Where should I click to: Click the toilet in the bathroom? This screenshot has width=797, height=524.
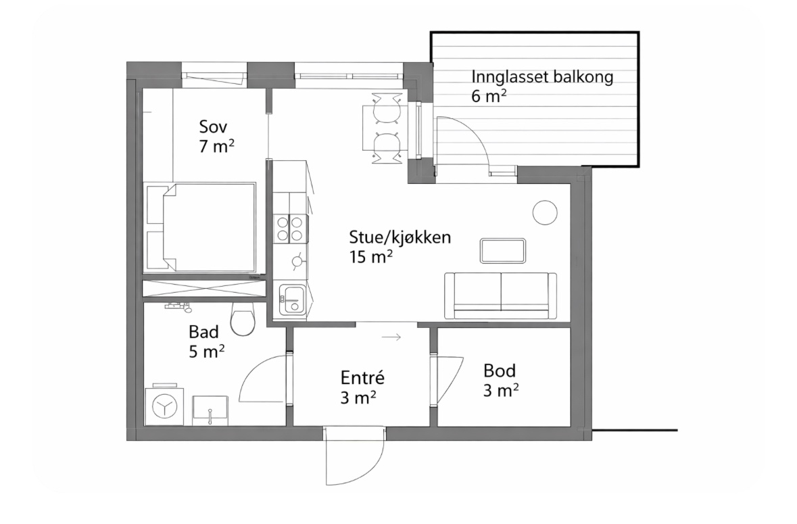pyautogui.click(x=243, y=318)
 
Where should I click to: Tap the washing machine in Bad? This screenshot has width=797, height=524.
pyautogui.click(x=164, y=406)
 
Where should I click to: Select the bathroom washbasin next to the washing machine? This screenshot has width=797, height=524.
pyautogui.click(x=210, y=410)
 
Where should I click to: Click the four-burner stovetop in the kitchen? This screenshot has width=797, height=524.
pyautogui.click(x=291, y=229)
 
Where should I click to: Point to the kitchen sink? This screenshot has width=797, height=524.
pyautogui.click(x=292, y=300)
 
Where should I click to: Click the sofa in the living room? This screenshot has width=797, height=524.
pyautogui.click(x=501, y=295)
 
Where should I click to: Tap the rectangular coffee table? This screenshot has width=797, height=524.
pyautogui.click(x=503, y=251)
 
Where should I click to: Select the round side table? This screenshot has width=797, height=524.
pyautogui.click(x=545, y=212)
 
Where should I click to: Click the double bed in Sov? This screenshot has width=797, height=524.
pyautogui.click(x=201, y=227)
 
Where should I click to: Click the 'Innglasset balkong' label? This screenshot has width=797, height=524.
pyautogui.click(x=542, y=77)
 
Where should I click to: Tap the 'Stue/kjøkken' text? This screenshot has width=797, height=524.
pyautogui.click(x=400, y=237)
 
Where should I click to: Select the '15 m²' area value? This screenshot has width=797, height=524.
pyautogui.click(x=370, y=257)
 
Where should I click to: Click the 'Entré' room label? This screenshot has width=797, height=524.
pyautogui.click(x=362, y=378)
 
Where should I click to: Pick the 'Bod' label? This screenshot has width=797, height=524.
pyautogui.click(x=500, y=371)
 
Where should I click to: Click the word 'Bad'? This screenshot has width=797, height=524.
pyautogui.click(x=204, y=332)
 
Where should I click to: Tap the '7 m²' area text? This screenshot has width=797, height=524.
pyautogui.click(x=216, y=146)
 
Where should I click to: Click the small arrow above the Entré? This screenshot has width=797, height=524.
pyautogui.click(x=391, y=337)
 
